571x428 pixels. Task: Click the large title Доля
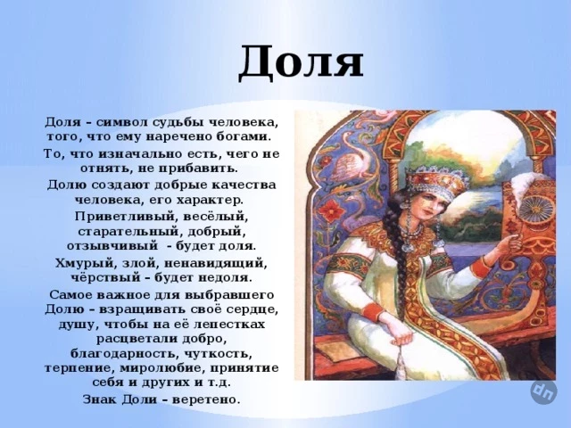click(x=301, y=62)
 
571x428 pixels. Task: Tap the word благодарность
click(x=124, y=353)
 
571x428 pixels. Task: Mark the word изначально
click(x=131, y=154)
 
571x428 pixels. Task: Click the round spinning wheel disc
click(x=536, y=209)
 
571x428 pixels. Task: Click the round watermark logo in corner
click(x=543, y=392)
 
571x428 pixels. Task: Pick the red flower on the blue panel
click(x=332, y=210)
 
